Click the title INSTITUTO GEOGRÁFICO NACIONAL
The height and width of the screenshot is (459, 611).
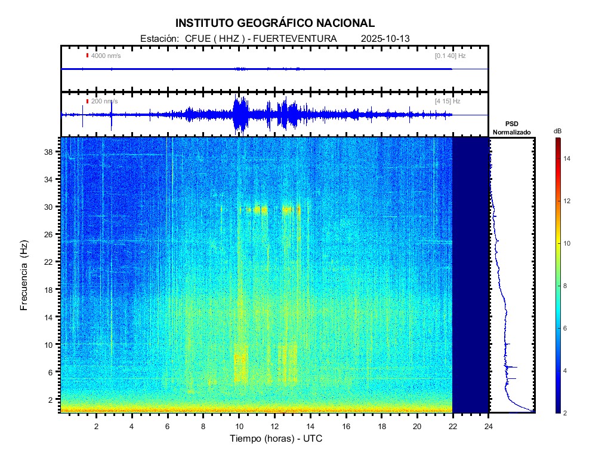pos(274,23)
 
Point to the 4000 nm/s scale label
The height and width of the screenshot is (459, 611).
pos(106,56)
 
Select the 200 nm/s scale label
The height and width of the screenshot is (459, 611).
pos(104,102)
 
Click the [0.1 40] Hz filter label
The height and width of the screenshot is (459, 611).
pos(450,56)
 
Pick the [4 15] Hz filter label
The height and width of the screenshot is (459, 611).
pos(448,102)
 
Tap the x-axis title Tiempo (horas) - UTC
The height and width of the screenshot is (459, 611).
pos(277,439)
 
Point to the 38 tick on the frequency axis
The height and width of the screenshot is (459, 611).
pos(52,152)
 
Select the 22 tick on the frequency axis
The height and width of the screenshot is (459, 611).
pos(52,262)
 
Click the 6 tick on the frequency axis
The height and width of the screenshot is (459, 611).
pos(54,372)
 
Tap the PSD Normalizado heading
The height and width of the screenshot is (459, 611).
pos(511,128)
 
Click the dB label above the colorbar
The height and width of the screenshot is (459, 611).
pos(557,131)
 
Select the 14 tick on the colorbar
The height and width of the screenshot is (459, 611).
pos(569,158)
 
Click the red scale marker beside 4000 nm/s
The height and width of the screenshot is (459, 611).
pos(87,56)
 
